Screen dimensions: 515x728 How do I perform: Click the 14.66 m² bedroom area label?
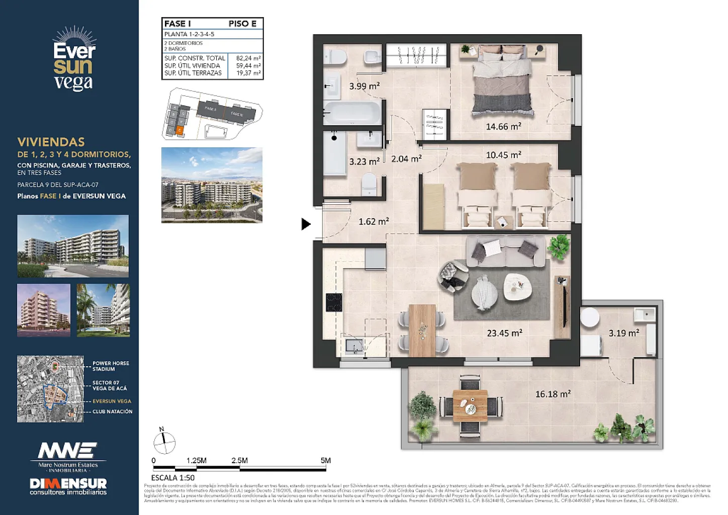point(503,127)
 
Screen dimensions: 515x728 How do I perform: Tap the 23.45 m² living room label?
point(504,333)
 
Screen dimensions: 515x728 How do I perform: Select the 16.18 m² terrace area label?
point(553,394)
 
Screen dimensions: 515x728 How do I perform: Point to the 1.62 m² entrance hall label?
point(374,221)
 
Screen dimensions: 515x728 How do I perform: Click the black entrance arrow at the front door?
point(306,224)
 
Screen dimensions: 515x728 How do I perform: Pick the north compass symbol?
point(164,443)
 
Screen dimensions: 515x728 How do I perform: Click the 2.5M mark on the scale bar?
point(239,461)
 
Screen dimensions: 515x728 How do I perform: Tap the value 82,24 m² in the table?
point(248,58)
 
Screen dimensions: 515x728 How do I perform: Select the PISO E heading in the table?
point(242,24)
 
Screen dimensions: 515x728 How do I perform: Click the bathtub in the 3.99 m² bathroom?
point(352,113)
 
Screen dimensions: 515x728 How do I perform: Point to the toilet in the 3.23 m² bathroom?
point(369,184)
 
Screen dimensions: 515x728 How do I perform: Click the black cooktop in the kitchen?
point(334,302)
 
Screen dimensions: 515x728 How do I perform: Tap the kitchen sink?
point(354,346)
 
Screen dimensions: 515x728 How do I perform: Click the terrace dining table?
point(470,405)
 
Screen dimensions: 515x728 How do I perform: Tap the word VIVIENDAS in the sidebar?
point(51,142)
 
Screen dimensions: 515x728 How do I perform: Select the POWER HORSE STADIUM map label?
point(111,366)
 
